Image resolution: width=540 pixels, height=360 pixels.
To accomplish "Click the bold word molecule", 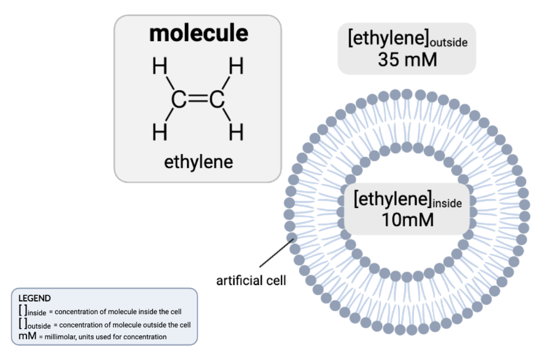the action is tap(198, 33).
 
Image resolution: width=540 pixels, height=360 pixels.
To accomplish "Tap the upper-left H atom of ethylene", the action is tap(160, 67).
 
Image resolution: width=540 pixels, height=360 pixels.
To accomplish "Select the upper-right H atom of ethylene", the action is tap(236, 67).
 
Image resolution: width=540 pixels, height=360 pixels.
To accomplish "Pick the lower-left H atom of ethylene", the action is tap(160, 133).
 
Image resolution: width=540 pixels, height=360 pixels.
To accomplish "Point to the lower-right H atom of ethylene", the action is tap(236, 133).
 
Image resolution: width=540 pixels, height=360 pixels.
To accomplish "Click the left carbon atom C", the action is tap(178, 100).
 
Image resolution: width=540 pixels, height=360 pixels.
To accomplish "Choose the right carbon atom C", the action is tap(217, 100).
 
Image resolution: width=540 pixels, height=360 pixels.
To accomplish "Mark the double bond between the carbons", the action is tap(198, 100).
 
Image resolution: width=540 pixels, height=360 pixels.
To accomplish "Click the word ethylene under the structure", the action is tap(198, 162).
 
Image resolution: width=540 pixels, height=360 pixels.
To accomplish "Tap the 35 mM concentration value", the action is tap(407, 60).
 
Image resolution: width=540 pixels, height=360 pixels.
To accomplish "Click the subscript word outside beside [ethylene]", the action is tap(448, 44).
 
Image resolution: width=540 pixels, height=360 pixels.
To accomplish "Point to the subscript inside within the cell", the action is tap(447, 204).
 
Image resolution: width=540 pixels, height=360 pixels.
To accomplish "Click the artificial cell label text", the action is tap(251, 281).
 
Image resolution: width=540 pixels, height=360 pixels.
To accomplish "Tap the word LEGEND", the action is tap(34, 298).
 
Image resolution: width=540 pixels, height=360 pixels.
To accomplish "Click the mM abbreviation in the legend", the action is tap(27, 336).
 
